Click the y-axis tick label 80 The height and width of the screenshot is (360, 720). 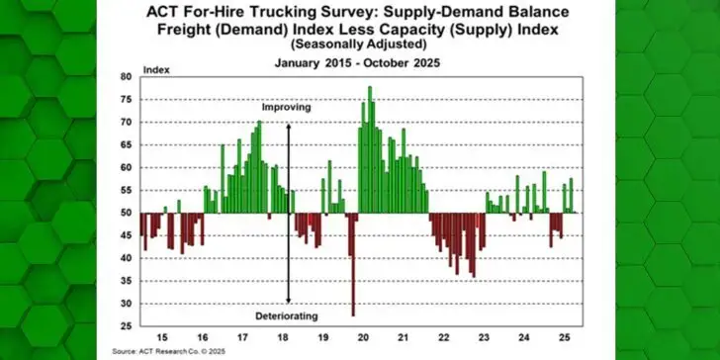[x=126, y=77]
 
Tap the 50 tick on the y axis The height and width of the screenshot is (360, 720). [x=126, y=213]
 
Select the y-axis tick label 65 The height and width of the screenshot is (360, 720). [x=126, y=144]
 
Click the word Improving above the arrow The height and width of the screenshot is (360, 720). [x=286, y=106]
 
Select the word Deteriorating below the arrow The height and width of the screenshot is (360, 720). [x=288, y=314]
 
